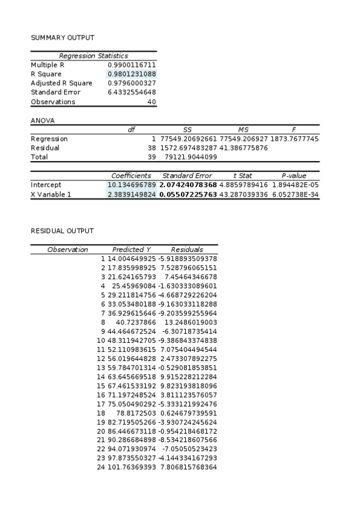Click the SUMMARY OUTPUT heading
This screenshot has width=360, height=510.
pyautogui.click(x=55, y=37)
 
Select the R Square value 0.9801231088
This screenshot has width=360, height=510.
pyautogui.click(x=132, y=74)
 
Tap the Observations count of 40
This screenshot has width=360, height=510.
pyautogui.click(x=152, y=102)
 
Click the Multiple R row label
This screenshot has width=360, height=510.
pyautogui.click(x=47, y=64)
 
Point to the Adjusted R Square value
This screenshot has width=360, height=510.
pyautogui.click(x=132, y=83)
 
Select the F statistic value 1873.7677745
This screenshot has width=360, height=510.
pyautogui.click(x=295, y=139)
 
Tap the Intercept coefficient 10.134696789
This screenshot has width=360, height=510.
pyautogui.click(x=132, y=185)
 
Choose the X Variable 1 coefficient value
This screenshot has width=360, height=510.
pyautogui.click(x=132, y=194)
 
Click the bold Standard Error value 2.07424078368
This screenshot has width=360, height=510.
pyautogui.click(x=188, y=185)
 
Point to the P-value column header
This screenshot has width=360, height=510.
pyautogui.click(x=293, y=176)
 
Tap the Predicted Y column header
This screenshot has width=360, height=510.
pyautogui.click(x=132, y=250)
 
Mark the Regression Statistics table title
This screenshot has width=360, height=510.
pyautogui.click(x=93, y=55)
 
